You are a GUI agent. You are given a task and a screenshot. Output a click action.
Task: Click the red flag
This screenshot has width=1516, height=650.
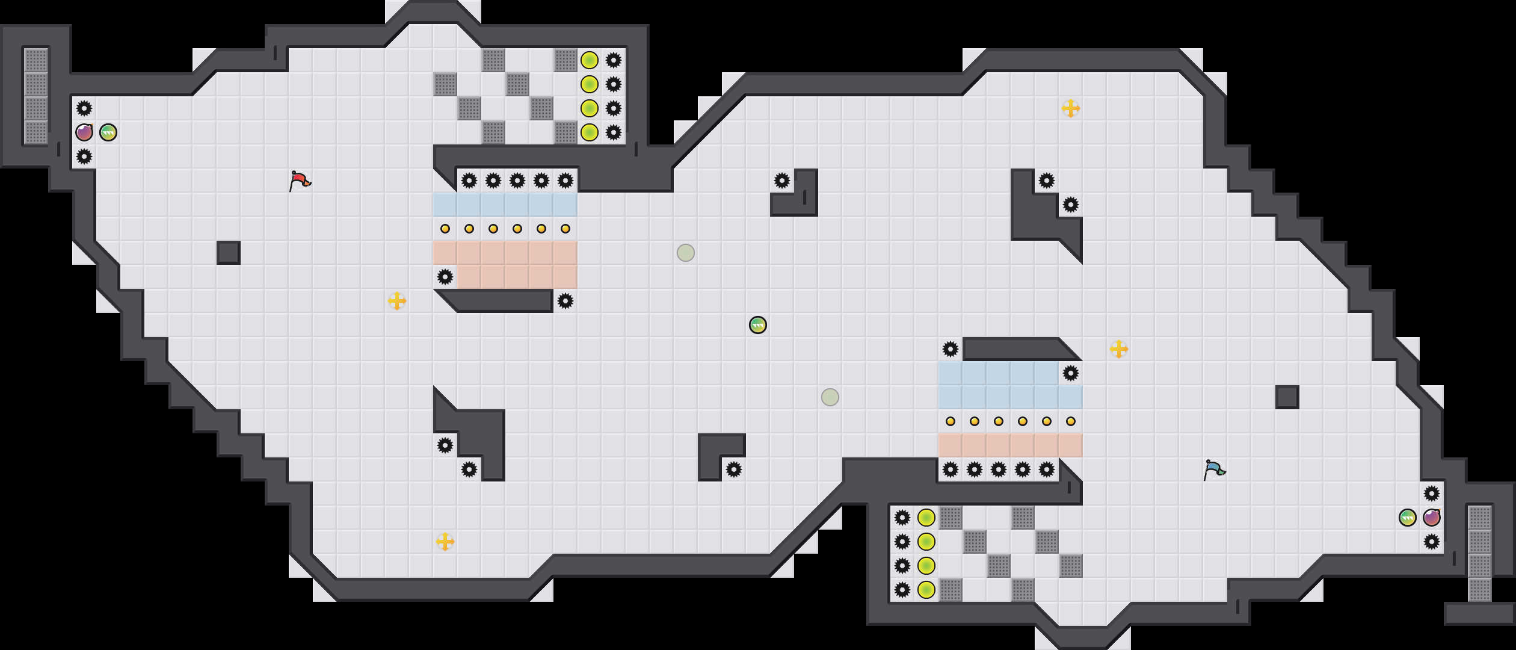(x=299, y=180)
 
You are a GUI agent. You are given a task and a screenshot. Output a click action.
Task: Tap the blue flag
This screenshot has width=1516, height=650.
(x=1213, y=469)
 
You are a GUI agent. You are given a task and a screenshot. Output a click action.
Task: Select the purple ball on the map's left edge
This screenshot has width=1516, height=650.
(x=84, y=132)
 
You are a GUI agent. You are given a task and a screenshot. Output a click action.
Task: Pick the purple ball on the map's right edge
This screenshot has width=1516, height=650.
(x=1432, y=518)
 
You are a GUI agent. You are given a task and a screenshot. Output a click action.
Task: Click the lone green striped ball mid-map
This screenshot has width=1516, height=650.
(x=758, y=325)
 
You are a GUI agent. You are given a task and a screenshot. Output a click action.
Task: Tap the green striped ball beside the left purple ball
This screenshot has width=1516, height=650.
(x=108, y=132)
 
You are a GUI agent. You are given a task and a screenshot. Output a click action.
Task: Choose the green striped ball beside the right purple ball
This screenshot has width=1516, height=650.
(x=1408, y=518)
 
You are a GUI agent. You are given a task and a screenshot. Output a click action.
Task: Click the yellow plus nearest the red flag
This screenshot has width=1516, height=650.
(x=397, y=301)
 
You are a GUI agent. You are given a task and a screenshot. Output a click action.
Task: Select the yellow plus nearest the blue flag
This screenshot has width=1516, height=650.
(x=1119, y=349)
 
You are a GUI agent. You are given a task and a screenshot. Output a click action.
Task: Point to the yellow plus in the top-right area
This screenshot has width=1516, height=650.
(x=1071, y=108)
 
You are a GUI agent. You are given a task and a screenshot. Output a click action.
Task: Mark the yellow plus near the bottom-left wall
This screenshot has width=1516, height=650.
(x=445, y=542)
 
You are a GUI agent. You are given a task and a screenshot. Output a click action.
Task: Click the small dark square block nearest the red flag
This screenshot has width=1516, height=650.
(x=229, y=253)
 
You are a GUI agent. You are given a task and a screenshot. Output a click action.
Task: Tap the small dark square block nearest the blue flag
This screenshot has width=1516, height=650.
(x=1287, y=397)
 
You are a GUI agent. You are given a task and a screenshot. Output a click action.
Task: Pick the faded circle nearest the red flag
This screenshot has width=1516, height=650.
(x=686, y=253)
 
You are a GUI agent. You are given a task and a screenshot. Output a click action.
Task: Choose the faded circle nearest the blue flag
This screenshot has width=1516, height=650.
(x=830, y=397)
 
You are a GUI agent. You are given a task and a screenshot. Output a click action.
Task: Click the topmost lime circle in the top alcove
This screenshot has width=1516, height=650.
(x=590, y=60)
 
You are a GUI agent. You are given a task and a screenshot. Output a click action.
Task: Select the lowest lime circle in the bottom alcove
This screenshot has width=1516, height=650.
(x=926, y=590)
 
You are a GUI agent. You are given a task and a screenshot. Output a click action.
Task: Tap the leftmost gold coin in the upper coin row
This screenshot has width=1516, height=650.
(x=445, y=229)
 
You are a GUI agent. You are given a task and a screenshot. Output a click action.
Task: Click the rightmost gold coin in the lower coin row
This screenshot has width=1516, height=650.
(x=1071, y=421)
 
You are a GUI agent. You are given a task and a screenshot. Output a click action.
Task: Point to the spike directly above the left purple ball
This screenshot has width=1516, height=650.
(x=84, y=108)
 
